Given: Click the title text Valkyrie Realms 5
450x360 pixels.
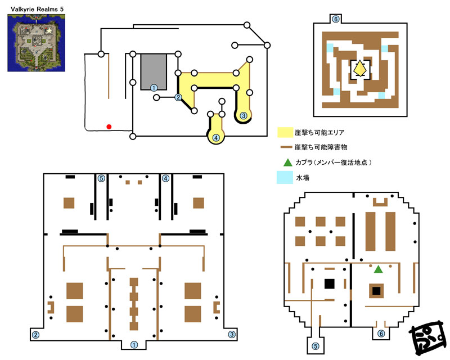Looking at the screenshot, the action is click(37, 9).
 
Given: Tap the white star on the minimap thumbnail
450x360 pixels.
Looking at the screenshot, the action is click(49, 30).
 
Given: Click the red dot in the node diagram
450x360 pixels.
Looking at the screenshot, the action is click(109, 127).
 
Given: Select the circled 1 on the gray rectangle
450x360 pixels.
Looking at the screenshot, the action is click(154, 88).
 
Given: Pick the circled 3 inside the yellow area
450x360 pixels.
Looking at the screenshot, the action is click(244, 116).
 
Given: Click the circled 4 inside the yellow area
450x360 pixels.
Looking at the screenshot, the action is click(216, 138).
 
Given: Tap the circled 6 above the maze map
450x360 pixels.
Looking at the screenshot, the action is click(335, 19).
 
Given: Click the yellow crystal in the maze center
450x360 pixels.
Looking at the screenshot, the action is click(360, 68).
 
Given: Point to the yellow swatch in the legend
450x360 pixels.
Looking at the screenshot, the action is click(285, 132).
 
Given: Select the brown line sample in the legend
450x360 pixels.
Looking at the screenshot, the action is click(286, 147).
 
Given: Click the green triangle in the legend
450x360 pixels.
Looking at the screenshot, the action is click(287, 163).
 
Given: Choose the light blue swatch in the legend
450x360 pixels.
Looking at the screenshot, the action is click(285, 177).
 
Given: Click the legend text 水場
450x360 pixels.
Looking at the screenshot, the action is click(303, 178).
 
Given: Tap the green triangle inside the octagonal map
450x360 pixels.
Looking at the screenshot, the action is click(378, 269).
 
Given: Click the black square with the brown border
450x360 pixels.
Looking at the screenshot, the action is click(376, 291).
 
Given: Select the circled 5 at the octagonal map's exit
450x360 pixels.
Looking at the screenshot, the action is click(316, 346).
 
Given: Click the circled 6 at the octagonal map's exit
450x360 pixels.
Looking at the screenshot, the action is click(381, 334).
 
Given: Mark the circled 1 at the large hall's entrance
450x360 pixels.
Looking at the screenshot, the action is click(134, 345).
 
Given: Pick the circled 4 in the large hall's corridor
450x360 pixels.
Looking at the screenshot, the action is click(165, 178).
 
